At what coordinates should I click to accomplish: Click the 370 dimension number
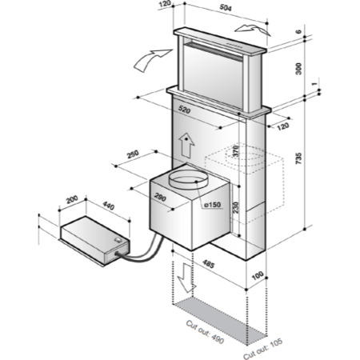coord(237,150)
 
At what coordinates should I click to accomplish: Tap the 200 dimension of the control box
coord(70,199)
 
